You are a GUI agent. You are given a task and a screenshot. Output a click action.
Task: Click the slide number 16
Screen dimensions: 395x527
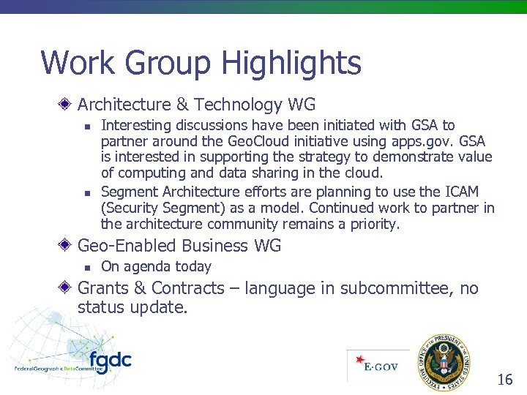(x=505, y=380)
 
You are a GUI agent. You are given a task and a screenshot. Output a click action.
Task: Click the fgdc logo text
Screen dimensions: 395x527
(x=110, y=361)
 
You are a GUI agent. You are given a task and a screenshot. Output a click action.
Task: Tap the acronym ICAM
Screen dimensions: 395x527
(x=461, y=192)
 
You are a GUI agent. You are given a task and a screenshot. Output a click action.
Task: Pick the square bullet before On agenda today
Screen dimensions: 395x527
(x=86, y=267)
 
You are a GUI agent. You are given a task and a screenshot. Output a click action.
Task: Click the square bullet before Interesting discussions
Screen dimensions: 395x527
(x=86, y=126)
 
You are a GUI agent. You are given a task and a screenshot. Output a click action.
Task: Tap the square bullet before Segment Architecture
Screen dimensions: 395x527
(x=86, y=192)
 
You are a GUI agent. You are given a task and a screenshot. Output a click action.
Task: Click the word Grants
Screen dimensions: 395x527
(x=102, y=288)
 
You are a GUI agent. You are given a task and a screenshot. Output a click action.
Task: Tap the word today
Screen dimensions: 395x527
(x=191, y=267)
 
